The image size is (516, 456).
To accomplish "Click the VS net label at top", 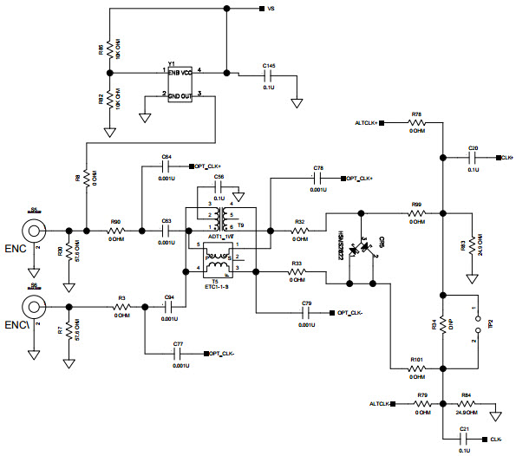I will [x=271, y=9].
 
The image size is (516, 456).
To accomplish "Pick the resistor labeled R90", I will [x=116, y=231].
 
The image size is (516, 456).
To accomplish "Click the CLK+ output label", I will [x=505, y=158].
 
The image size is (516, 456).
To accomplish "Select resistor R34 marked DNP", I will [x=441, y=325].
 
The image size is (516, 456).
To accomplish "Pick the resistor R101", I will [x=417, y=369].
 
